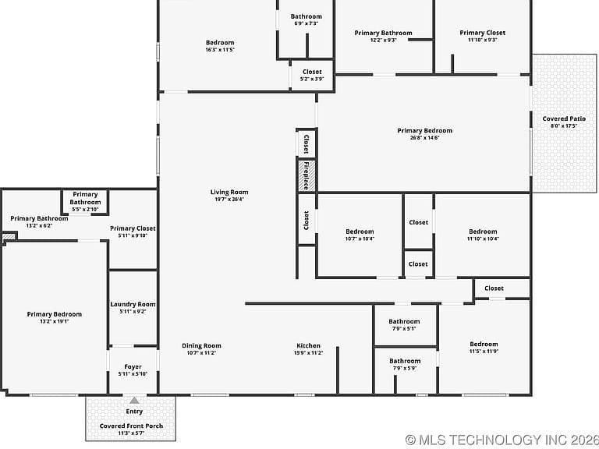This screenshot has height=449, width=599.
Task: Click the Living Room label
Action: point(229,192)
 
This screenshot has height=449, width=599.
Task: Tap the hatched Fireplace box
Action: point(307,176)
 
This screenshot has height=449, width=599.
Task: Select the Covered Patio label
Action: point(564,118)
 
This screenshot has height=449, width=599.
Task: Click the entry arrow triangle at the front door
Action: point(134,400)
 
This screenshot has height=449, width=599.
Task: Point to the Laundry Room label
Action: point(133,304)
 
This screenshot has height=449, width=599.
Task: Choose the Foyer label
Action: point(133,366)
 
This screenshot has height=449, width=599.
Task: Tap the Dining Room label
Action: point(201,345)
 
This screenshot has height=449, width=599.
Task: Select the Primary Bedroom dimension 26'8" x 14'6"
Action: point(425,138)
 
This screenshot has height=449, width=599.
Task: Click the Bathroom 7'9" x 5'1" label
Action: point(404,324)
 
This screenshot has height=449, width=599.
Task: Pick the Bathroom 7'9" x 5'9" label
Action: point(405,364)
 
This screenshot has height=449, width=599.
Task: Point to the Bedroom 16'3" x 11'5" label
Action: point(220,46)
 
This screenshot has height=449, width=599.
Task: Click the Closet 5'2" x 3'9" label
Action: point(312,75)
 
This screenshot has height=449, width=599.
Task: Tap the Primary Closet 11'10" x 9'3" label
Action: point(483,36)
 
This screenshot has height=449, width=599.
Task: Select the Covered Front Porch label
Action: point(131,426)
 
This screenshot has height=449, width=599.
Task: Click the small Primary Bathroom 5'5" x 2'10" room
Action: point(85,202)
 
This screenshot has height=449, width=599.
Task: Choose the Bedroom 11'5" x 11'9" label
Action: point(484,348)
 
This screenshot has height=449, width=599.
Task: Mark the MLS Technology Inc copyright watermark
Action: point(502,440)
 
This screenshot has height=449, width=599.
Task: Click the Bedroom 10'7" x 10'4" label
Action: point(360,235)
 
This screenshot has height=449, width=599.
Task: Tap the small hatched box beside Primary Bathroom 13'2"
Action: point(9,237)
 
